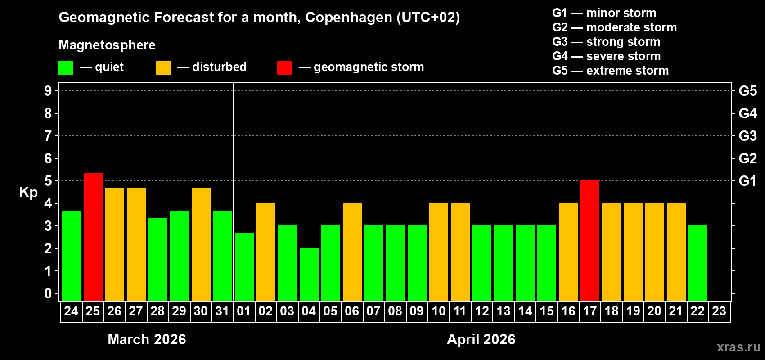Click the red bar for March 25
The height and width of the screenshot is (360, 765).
tap(93, 237)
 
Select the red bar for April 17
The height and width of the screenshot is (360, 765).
tap(590, 240)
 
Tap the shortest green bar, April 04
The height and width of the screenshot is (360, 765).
tap(309, 274)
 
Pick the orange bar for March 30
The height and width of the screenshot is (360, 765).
tap(201, 244)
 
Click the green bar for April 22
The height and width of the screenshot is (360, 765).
tap(698, 263)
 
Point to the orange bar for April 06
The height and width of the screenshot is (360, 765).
tap(352, 252)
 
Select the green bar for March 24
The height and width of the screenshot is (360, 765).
tap(72, 255)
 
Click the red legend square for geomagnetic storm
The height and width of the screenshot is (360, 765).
tap(284, 68)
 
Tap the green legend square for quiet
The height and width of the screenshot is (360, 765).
tap(66, 68)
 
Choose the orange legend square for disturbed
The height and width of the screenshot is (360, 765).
tap(163, 68)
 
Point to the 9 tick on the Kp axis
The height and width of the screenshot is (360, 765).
tap(48, 91)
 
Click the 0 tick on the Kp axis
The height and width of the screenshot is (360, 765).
tap(48, 293)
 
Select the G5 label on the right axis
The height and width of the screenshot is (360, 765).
tap(747, 91)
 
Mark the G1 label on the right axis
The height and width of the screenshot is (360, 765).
tap(747, 181)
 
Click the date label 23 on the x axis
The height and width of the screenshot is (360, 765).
tap(719, 311)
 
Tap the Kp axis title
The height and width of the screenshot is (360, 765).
tap(28, 192)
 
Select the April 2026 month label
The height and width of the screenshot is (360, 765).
tap(481, 339)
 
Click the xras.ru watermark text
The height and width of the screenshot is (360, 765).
tap(738, 347)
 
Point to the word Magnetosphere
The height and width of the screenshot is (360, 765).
tap(107, 45)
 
